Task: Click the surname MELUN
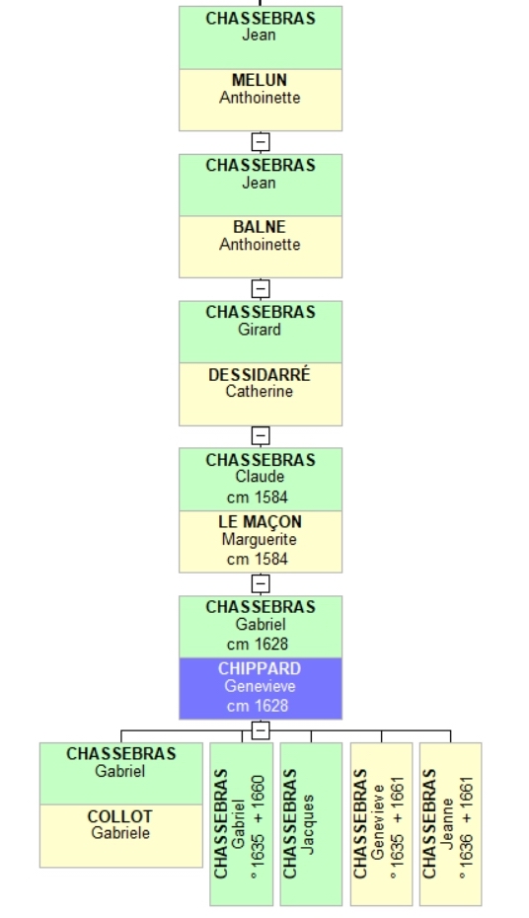[260, 80]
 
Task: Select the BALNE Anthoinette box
[261, 247]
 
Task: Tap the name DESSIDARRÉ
[260, 375]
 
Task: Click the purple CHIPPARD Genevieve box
[261, 688]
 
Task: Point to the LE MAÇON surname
[260, 521]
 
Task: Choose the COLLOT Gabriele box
[121, 835]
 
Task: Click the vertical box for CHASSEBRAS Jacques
[311, 824]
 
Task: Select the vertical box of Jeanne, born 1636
[451, 824]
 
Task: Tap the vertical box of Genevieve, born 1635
[382, 824]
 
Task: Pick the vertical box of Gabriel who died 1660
[242, 824]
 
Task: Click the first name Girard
[260, 330]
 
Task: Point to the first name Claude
[260, 477]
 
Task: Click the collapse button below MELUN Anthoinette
[261, 142]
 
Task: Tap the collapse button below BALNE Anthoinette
[261, 288]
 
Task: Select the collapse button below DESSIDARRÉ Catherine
[261, 435]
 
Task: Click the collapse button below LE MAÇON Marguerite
[261, 583]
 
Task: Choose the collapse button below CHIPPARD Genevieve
[261, 730]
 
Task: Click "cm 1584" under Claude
[258, 497]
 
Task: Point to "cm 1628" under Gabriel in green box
[258, 645]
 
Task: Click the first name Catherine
[260, 391]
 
